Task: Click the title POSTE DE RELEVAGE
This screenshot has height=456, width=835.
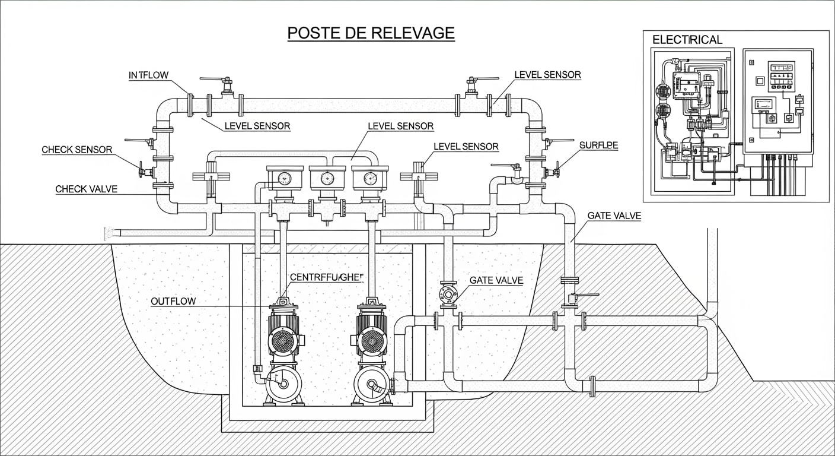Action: pyautogui.click(x=371, y=33)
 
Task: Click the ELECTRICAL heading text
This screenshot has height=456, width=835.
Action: pyautogui.click(x=687, y=40)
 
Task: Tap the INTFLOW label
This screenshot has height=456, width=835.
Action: pyautogui.click(x=148, y=75)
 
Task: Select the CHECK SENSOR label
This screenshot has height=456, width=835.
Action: pyautogui.click(x=77, y=150)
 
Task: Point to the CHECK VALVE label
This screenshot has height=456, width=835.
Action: pyautogui.click(x=86, y=189)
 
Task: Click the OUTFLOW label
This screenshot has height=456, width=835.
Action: pyautogui.click(x=173, y=301)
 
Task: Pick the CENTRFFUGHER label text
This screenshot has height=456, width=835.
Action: pyautogui.click(x=326, y=277)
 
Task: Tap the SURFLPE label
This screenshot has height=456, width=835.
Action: pyautogui.click(x=598, y=145)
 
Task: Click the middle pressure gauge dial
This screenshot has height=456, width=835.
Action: pyautogui.click(x=327, y=178)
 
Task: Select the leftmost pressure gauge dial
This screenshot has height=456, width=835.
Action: pyautogui.click(x=284, y=178)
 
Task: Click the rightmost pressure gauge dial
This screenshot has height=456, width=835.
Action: pyautogui.click(x=370, y=178)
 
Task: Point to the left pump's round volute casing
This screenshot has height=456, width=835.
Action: pyautogui.click(x=283, y=384)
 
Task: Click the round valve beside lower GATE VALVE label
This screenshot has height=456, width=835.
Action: pyautogui.click(x=448, y=294)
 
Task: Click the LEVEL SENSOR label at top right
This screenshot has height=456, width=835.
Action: pyautogui.click(x=547, y=75)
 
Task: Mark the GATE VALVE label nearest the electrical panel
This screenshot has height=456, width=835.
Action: pyautogui.click(x=614, y=216)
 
